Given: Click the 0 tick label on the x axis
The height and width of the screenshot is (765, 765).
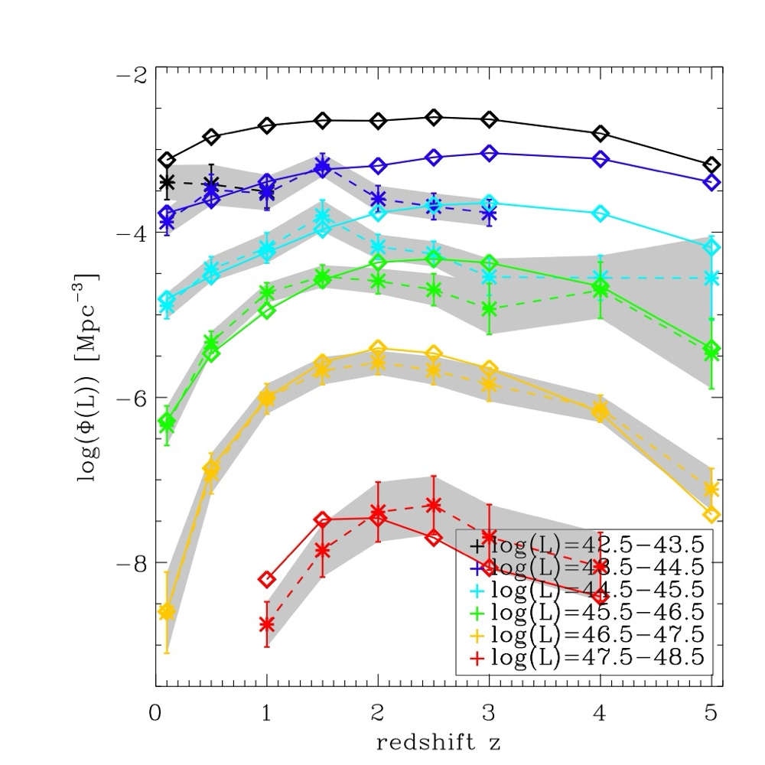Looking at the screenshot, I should (156, 713).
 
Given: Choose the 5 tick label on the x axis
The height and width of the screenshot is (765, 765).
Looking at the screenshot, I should (711, 713).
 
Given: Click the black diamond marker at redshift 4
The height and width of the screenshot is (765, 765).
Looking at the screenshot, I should (601, 134).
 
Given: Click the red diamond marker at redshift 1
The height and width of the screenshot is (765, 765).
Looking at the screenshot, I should (267, 579).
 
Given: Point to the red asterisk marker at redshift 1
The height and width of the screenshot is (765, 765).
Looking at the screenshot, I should (267, 624).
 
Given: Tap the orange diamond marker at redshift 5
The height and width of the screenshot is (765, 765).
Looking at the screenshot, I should (711, 515).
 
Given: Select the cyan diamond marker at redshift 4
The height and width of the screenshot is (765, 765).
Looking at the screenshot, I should (601, 213).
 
